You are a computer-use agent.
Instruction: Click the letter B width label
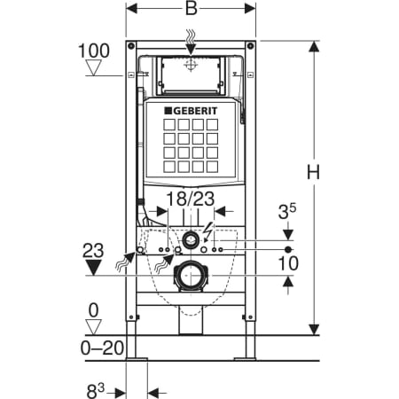tap(192, 8)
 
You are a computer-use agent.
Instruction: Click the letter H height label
tap(313, 172)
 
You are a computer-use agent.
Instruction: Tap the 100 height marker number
tap(94, 51)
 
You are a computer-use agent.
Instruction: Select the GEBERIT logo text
tap(191, 111)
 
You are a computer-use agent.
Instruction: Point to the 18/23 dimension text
tap(191, 199)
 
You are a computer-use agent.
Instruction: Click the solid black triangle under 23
tap(94, 267)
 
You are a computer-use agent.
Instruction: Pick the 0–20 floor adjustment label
tap(102, 348)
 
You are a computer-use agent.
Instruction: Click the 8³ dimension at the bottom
tap(96, 391)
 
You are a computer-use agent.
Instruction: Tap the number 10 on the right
tap(288, 263)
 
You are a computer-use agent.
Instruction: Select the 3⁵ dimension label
tap(287, 211)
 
